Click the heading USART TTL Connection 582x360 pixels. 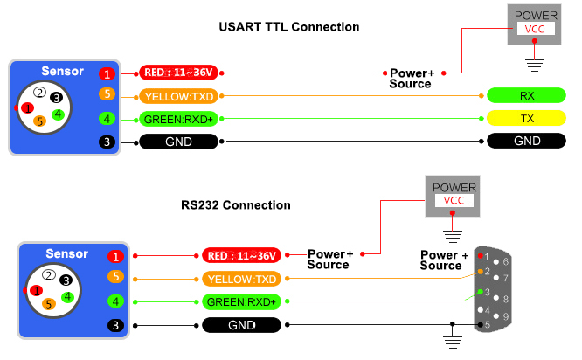288,27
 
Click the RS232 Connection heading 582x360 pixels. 236,205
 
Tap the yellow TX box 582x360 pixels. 527,118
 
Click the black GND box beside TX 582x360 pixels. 527,141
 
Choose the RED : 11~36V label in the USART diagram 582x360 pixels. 180,73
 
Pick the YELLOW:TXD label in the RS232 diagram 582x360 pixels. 241,280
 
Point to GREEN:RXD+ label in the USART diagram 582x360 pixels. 180,119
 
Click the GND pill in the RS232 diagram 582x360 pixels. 241,325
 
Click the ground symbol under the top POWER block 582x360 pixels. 535,62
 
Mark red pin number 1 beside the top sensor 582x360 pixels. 107,74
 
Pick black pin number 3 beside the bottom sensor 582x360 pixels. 114,325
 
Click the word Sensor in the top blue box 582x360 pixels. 63,71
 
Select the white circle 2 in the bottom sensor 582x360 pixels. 50,275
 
